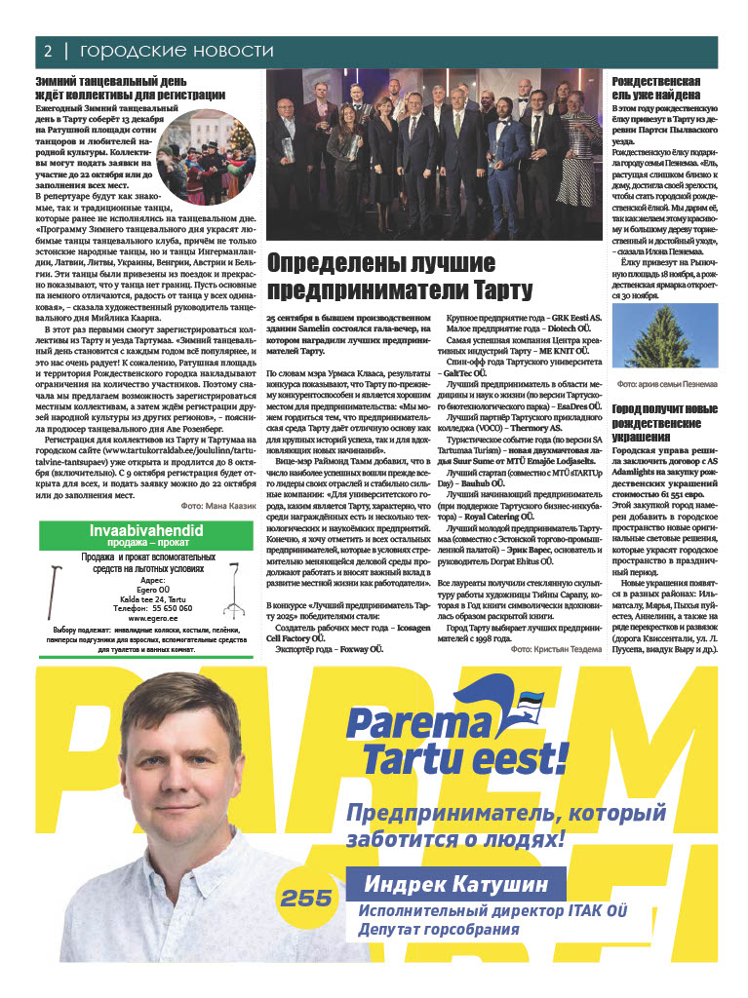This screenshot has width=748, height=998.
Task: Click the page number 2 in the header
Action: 46,51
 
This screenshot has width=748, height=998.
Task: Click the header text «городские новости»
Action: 177,51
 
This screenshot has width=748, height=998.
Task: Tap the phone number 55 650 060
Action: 159,607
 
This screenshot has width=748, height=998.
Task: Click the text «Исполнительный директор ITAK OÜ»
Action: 491,911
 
